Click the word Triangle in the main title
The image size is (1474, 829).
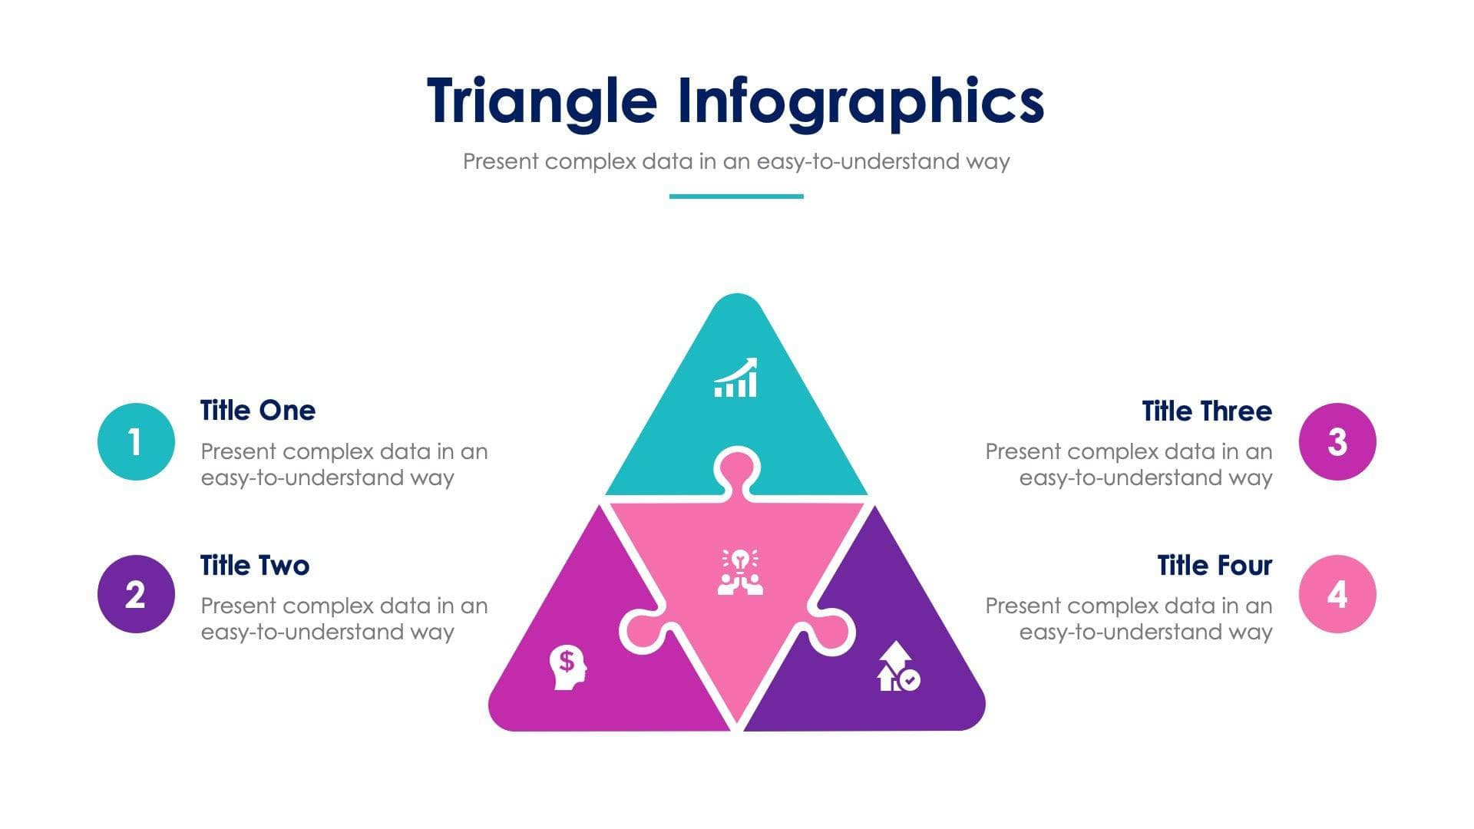coord(541,101)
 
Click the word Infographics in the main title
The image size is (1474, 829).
coord(860,101)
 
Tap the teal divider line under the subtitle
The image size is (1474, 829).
coord(736,197)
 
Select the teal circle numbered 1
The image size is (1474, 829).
coord(136,441)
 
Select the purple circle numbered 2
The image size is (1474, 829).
coord(136,594)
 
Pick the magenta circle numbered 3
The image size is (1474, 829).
coord(1337,441)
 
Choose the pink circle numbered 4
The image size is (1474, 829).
coord(1337,594)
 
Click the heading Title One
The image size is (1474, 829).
coord(258,411)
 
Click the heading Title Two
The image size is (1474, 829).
coord(255,566)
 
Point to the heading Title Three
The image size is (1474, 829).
coord(1206,411)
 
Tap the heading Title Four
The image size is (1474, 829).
coord(1214,566)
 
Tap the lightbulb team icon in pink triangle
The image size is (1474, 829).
coord(740,572)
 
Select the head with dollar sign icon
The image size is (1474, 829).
coord(568,667)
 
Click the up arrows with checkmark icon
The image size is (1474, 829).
coord(898,667)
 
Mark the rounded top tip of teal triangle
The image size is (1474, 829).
coord(737,303)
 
